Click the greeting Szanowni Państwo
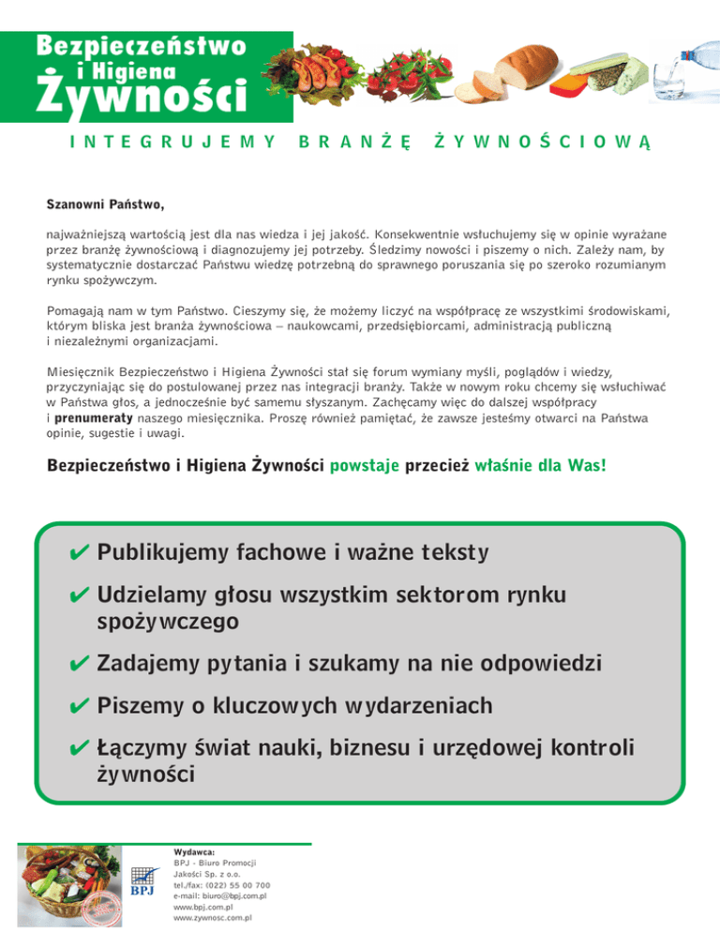(x=106, y=203)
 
